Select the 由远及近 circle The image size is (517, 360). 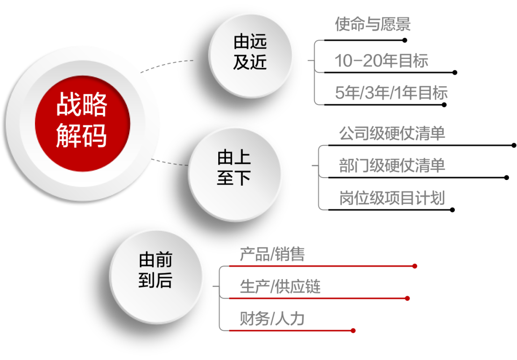click(250, 55)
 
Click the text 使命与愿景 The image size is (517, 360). click(372, 25)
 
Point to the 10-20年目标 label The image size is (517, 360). click(381, 61)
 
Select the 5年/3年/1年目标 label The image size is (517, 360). click(391, 93)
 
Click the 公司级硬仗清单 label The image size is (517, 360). click(392, 133)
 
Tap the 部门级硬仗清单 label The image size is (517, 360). click(392, 166)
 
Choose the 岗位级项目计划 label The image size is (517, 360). click(392, 198)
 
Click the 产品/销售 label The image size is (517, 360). click(272, 255)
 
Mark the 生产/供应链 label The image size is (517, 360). click(280, 287)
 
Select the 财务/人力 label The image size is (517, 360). click(272, 319)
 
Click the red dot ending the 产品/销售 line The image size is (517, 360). click(415, 266)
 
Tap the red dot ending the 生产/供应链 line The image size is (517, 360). click(407, 298)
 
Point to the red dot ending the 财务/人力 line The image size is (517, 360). click(353, 330)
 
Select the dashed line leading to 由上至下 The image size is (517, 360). click(170, 163)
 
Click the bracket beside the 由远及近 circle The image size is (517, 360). click(316, 72)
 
